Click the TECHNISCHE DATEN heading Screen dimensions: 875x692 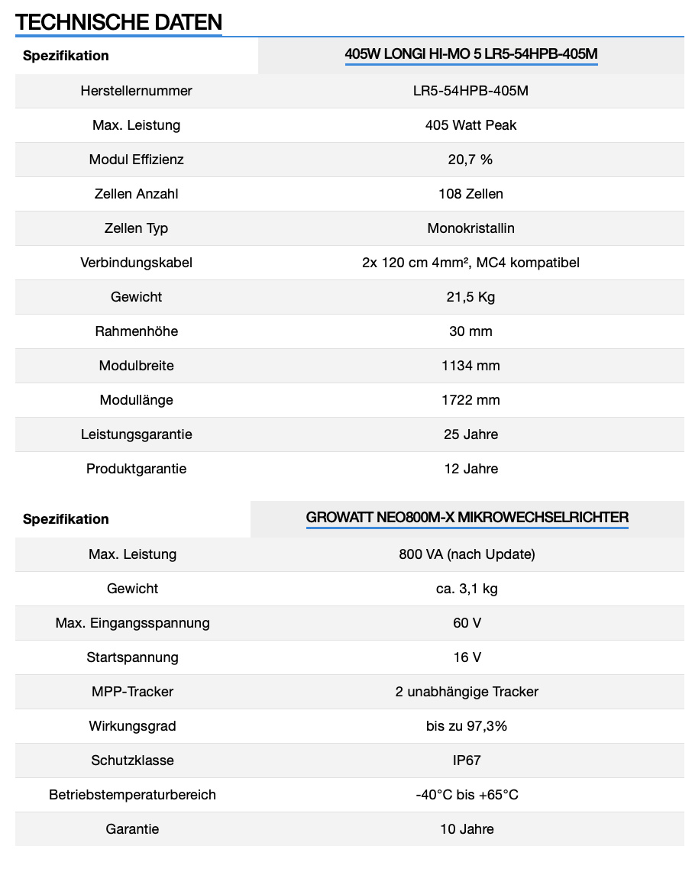point(118,22)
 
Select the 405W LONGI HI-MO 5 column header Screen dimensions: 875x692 point(470,54)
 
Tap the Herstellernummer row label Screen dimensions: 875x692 point(136,91)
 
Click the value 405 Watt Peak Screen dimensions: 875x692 point(470,125)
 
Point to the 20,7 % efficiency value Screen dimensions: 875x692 point(470,160)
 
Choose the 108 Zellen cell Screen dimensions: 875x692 point(470,194)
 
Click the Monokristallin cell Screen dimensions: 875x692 point(470,228)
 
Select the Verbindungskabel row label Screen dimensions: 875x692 point(136,263)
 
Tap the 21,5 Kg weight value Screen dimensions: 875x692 point(470,297)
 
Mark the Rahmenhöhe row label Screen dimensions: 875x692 point(136,331)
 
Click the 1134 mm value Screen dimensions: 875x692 point(470,366)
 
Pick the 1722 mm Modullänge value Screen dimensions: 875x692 point(470,400)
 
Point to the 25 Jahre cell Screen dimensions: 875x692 point(470,434)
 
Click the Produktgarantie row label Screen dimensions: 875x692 point(136,469)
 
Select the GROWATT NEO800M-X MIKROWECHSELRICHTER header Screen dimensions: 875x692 point(467,518)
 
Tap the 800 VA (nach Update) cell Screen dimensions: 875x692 point(467,554)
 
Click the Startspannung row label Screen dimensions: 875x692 point(132,657)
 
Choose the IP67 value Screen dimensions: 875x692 point(467,760)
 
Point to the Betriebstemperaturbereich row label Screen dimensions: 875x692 point(132,795)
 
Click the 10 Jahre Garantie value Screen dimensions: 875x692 point(467,829)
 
